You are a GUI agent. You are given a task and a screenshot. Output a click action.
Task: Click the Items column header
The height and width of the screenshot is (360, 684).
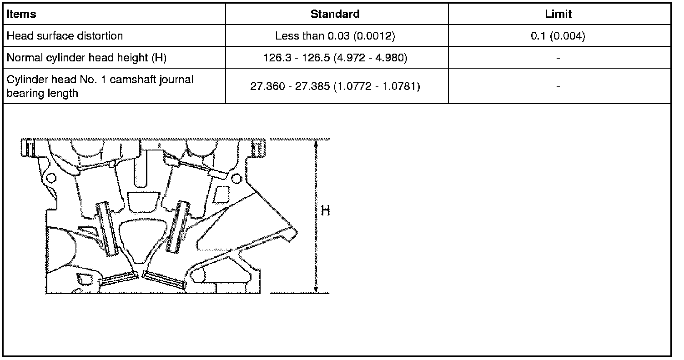(x=21, y=14)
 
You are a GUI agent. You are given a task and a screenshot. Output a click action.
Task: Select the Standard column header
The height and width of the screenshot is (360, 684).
(x=335, y=14)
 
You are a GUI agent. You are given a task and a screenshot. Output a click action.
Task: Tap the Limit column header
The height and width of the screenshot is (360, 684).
(x=558, y=14)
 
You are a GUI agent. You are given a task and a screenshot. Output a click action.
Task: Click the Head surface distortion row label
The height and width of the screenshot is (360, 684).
(x=65, y=36)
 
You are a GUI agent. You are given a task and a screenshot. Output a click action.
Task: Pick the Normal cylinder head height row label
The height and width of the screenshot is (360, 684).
(x=86, y=58)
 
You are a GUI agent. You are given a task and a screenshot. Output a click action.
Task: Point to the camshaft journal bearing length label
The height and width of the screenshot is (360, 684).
(x=100, y=86)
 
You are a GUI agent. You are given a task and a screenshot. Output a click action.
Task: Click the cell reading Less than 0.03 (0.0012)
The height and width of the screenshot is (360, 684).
(x=335, y=36)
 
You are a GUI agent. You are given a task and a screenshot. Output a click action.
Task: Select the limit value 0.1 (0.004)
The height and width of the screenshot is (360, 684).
(x=558, y=36)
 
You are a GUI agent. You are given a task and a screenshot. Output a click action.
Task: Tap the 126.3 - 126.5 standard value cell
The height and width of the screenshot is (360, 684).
(x=335, y=58)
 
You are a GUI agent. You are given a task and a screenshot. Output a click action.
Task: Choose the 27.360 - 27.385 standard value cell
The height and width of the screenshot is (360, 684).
(x=335, y=86)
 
